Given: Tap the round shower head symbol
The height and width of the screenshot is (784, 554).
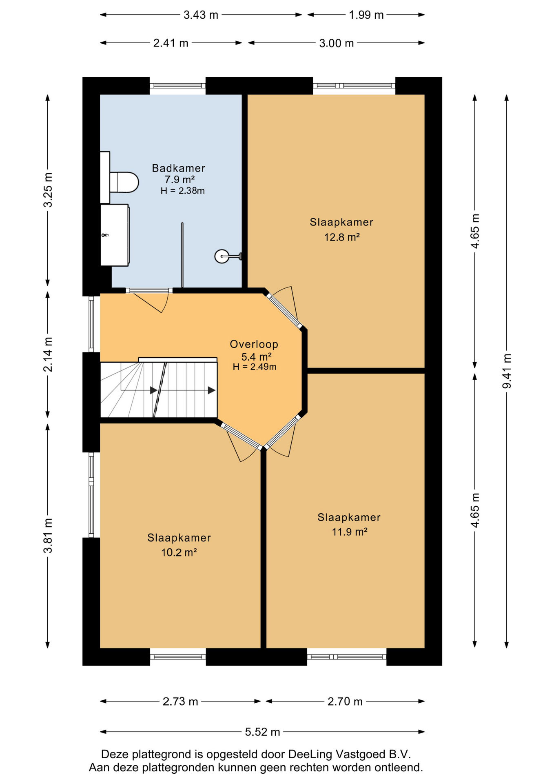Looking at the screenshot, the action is point(222,256).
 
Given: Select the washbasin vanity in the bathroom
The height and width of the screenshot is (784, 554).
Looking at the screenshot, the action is point(115,235).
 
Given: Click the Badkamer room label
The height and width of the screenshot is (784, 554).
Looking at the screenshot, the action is point(178,168).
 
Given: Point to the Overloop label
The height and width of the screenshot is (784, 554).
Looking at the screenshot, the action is point(254,344).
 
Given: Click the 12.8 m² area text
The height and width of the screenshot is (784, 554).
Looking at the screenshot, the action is point(342,237).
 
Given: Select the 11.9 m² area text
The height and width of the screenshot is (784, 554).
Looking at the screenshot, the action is point(350,532).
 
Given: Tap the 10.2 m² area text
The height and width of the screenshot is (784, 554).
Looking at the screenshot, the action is point(179,552).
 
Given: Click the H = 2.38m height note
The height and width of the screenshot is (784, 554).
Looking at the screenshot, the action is point(182,191).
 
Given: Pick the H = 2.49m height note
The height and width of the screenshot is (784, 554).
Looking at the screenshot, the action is point(255,367).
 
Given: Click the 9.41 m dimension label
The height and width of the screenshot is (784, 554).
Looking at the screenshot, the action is point(507,371).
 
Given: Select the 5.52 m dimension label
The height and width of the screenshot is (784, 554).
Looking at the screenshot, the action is point(262,732).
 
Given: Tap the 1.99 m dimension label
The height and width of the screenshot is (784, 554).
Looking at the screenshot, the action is point(366,15).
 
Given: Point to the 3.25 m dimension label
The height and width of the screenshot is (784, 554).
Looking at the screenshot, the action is point(48,190).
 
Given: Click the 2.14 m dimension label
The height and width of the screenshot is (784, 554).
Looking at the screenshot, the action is point(48,354).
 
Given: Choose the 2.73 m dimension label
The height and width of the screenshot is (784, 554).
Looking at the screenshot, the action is point(180,702).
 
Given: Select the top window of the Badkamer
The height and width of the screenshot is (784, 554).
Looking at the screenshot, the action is point(177,86).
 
